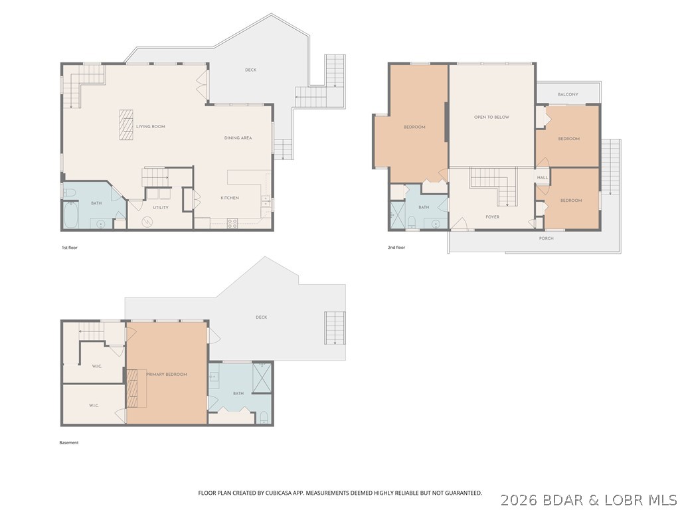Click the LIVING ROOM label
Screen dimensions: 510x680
[x=150, y=126]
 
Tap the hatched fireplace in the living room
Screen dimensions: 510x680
[x=126, y=125]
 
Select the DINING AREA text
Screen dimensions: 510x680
[x=237, y=137]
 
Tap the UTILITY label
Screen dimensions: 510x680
[x=160, y=207]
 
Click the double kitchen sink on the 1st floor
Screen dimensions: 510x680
[x=266, y=202]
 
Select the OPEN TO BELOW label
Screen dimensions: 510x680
[x=491, y=117]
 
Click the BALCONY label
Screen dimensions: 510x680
[x=568, y=94]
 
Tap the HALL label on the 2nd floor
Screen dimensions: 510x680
[x=543, y=177]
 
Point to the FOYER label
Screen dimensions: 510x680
[x=492, y=216]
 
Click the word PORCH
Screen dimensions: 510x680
[x=546, y=238]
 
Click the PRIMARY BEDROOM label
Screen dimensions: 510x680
[x=167, y=375]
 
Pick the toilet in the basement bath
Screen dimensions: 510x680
[x=264, y=418]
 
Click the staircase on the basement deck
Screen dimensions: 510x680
[x=335, y=327]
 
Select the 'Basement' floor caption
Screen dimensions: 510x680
[x=69, y=443]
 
